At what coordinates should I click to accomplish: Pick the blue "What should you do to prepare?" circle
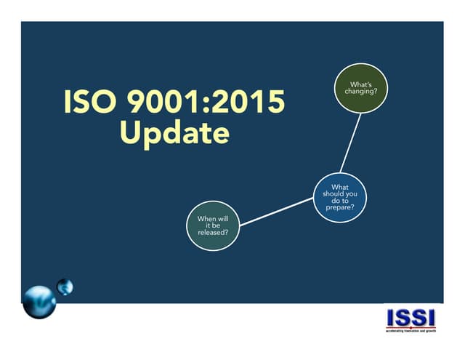[x=339, y=196]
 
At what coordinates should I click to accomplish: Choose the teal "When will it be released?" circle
[x=214, y=225]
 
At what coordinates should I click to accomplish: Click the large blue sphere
[x=39, y=300]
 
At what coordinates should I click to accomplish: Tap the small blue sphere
[x=65, y=286]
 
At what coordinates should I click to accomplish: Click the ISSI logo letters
[x=411, y=318]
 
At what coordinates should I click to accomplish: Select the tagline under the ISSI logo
[x=411, y=331]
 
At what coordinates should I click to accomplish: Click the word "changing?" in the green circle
[x=360, y=92]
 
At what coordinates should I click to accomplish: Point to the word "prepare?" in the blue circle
[x=339, y=208]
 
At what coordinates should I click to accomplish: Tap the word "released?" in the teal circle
[x=214, y=233]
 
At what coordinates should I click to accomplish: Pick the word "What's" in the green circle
[x=360, y=85]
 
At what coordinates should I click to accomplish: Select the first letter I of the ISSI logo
[x=391, y=318]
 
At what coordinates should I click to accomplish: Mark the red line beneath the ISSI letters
[x=411, y=327]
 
